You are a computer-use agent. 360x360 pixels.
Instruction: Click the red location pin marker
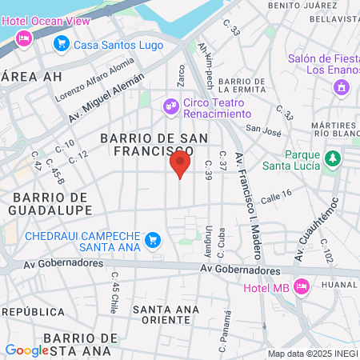point(180,165)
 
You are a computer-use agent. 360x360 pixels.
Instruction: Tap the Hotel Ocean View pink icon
point(24,37)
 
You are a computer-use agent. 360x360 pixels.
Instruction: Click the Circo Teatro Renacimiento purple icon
point(170,105)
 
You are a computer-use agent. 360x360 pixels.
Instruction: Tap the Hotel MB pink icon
point(302,286)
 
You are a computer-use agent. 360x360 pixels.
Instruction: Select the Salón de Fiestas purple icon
point(342,86)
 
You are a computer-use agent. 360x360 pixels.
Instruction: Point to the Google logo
point(26,350)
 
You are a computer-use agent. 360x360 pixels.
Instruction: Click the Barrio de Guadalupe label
point(50,203)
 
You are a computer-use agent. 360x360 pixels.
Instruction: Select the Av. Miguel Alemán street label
point(106,94)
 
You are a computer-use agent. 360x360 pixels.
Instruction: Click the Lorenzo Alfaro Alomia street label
point(94,82)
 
